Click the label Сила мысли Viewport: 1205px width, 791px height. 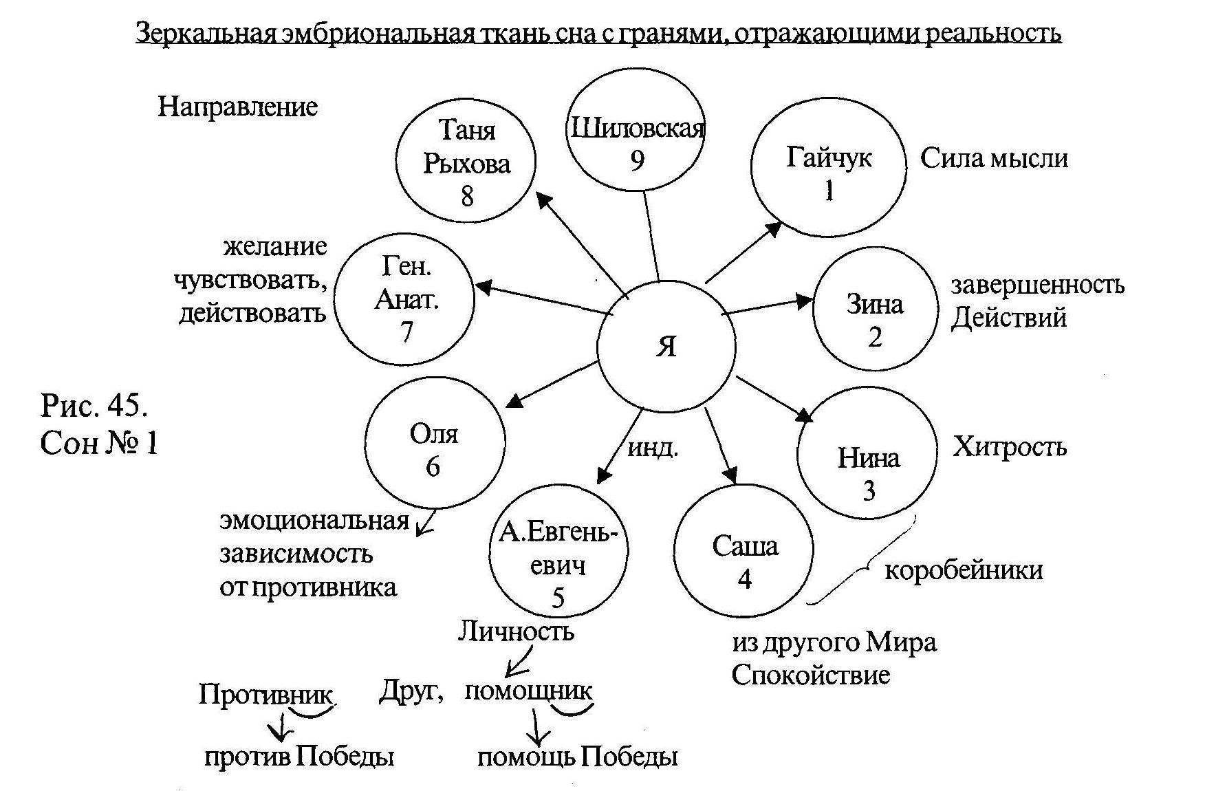coord(994,159)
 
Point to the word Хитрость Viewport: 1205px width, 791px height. coord(1010,448)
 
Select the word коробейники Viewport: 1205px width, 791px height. coord(964,570)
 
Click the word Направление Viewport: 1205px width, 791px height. coord(238,107)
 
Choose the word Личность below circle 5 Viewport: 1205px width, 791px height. coord(516,631)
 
